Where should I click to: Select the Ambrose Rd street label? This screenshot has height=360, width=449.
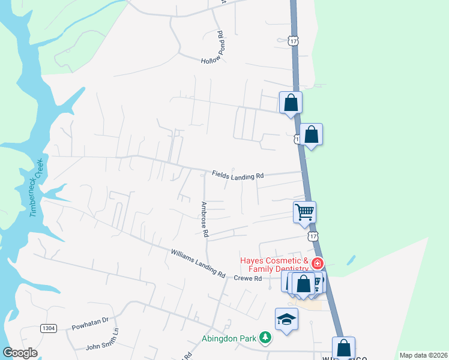click(x=204, y=218)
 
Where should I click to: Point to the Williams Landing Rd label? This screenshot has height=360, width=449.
click(x=197, y=264)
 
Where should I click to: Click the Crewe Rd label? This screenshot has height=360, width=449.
click(x=248, y=279)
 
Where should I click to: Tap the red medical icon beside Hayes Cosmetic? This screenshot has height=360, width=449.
click(x=317, y=263)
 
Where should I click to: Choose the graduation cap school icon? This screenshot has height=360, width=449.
click(x=286, y=318)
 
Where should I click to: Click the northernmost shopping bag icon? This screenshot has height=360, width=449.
click(x=291, y=102)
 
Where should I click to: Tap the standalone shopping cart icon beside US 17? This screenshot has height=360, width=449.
click(x=304, y=212)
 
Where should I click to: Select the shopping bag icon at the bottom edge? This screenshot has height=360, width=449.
click(x=343, y=347)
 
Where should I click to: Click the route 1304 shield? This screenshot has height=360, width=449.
click(x=49, y=328)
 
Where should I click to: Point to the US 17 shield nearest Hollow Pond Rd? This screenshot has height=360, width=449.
click(x=292, y=40)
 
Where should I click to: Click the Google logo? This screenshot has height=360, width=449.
click(x=20, y=353)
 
